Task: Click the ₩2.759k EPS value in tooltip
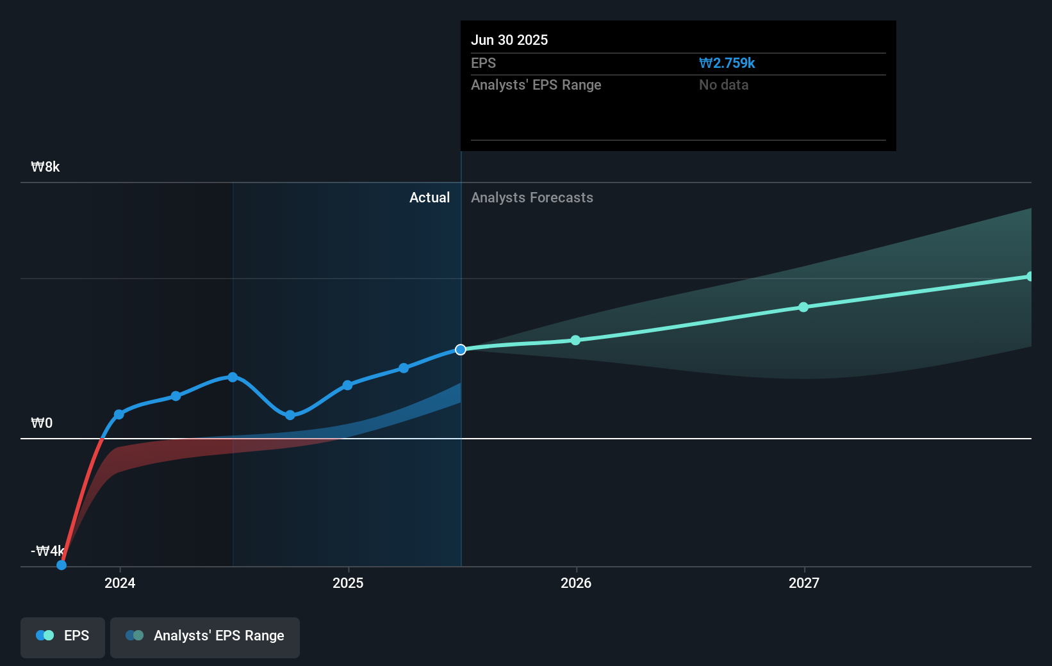click(x=727, y=63)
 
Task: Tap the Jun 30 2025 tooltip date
click(x=509, y=40)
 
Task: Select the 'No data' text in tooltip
click(x=723, y=85)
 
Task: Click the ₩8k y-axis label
click(x=45, y=167)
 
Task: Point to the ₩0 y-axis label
click(x=42, y=423)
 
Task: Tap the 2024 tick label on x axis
click(x=120, y=583)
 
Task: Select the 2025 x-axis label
click(x=348, y=583)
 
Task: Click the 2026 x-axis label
click(x=576, y=583)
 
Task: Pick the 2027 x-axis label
click(x=804, y=583)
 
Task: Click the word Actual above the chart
click(x=429, y=197)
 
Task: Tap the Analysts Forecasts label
click(x=532, y=197)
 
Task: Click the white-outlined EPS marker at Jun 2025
click(x=461, y=350)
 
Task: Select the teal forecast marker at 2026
click(x=575, y=340)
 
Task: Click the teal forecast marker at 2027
click(x=803, y=307)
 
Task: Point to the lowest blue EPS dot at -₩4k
click(x=62, y=565)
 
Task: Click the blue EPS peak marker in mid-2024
click(x=233, y=377)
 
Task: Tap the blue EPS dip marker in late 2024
click(x=290, y=415)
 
